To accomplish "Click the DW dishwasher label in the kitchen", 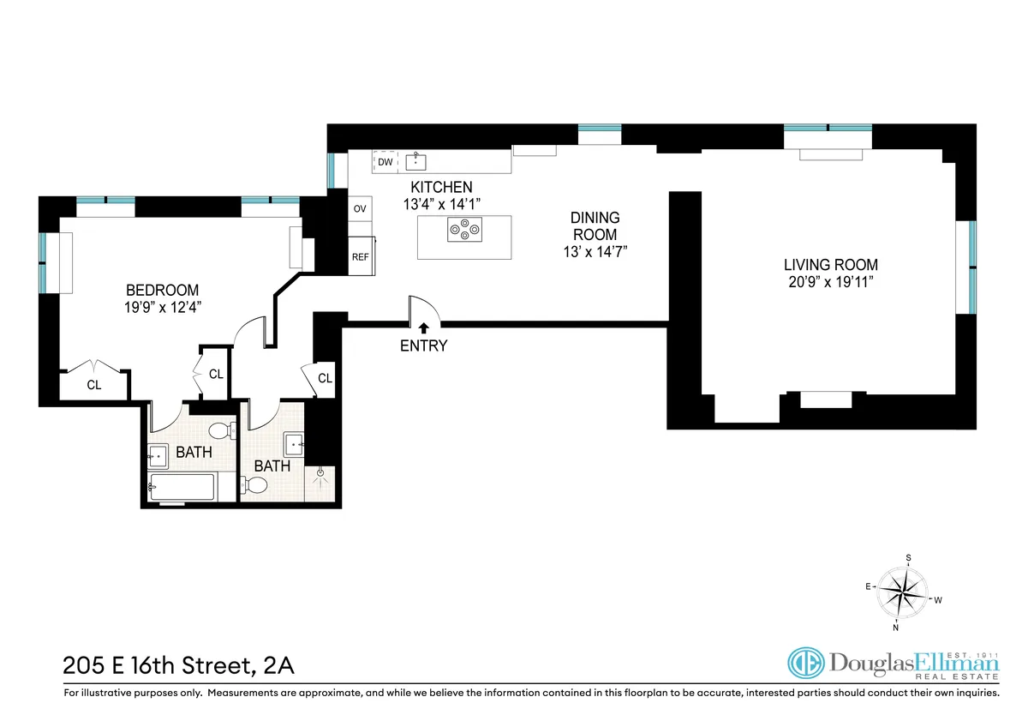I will [385, 161].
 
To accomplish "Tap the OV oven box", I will [360, 208].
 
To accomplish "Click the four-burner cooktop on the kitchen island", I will [463, 229].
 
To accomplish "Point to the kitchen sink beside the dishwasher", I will [418, 160].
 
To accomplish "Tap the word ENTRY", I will [424, 346].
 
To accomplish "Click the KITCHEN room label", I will [440, 187].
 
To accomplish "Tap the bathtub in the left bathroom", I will [182, 487].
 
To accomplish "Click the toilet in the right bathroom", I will [256, 486].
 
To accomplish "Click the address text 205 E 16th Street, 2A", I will [179, 665].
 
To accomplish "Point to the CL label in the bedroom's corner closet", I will [93, 386].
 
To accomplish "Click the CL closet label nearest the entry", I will [325, 378].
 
